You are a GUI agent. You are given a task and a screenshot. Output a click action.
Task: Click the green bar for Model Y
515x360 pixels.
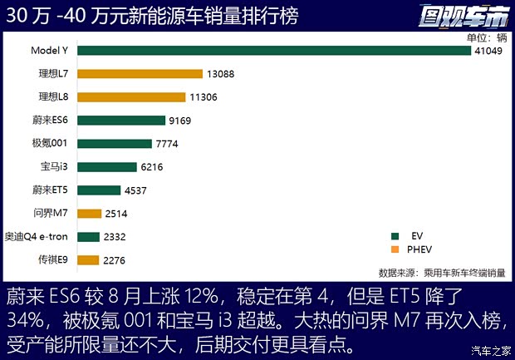(274, 51)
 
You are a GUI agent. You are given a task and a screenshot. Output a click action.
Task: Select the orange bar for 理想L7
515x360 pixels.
(140, 74)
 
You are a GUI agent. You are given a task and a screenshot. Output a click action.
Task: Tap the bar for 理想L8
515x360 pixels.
(132, 96)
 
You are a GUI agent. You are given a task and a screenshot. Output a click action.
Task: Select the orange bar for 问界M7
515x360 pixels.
(89, 214)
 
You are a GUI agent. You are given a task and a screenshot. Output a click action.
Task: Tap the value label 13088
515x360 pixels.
(220, 74)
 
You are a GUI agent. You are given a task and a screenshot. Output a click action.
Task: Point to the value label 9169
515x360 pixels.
(181, 121)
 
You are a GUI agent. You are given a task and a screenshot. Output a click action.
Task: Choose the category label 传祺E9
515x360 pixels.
(55, 260)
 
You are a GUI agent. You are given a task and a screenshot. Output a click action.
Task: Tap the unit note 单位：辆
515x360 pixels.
(486, 37)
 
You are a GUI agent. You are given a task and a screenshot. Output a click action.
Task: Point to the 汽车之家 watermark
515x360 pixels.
(491, 348)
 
